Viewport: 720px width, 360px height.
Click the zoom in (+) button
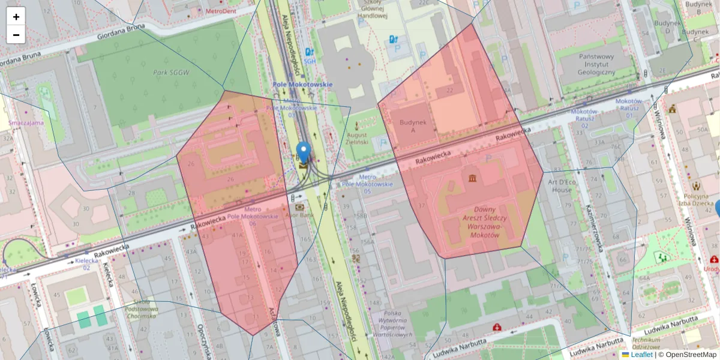point(16,17)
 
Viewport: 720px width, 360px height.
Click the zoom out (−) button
point(16,35)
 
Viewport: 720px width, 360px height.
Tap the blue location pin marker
point(304,152)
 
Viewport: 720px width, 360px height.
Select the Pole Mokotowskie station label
point(302,85)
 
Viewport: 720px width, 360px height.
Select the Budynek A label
point(407,126)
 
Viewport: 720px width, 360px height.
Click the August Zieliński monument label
point(358,139)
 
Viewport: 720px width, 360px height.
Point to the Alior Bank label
point(300,214)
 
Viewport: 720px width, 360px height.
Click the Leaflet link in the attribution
point(641,355)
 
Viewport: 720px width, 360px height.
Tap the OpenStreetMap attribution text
point(688,355)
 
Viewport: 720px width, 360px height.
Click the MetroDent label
point(221,11)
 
